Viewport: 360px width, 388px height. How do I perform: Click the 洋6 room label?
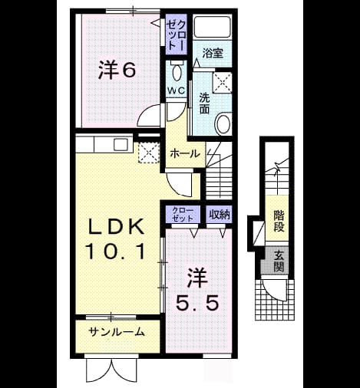[x=117, y=70]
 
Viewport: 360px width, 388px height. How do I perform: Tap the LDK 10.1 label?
[x=116, y=239]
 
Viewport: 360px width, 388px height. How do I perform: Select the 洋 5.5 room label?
[x=197, y=291]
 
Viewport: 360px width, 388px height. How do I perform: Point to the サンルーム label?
[x=117, y=332]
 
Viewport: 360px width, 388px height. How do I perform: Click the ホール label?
[x=185, y=153]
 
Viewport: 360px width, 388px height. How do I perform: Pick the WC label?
[x=177, y=90]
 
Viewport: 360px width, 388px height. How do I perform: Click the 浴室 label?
[x=213, y=53]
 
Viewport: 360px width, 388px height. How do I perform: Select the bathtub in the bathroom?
[x=212, y=27]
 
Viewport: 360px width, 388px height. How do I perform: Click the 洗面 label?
[x=204, y=103]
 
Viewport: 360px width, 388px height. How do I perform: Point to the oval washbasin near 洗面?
[x=223, y=124]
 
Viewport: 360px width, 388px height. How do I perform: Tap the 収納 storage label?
[x=220, y=215]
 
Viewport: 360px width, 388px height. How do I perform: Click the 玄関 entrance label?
[x=279, y=261]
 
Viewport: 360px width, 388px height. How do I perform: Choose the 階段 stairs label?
[x=279, y=221]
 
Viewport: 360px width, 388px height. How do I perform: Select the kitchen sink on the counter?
[x=121, y=145]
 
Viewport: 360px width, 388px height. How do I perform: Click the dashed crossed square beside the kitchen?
[x=149, y=153]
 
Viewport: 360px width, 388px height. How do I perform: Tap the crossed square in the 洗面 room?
[x=222, y=82]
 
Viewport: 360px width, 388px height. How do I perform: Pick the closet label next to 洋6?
[x=176, y=35]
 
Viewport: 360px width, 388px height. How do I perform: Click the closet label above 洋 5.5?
[x=183, y=214]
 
